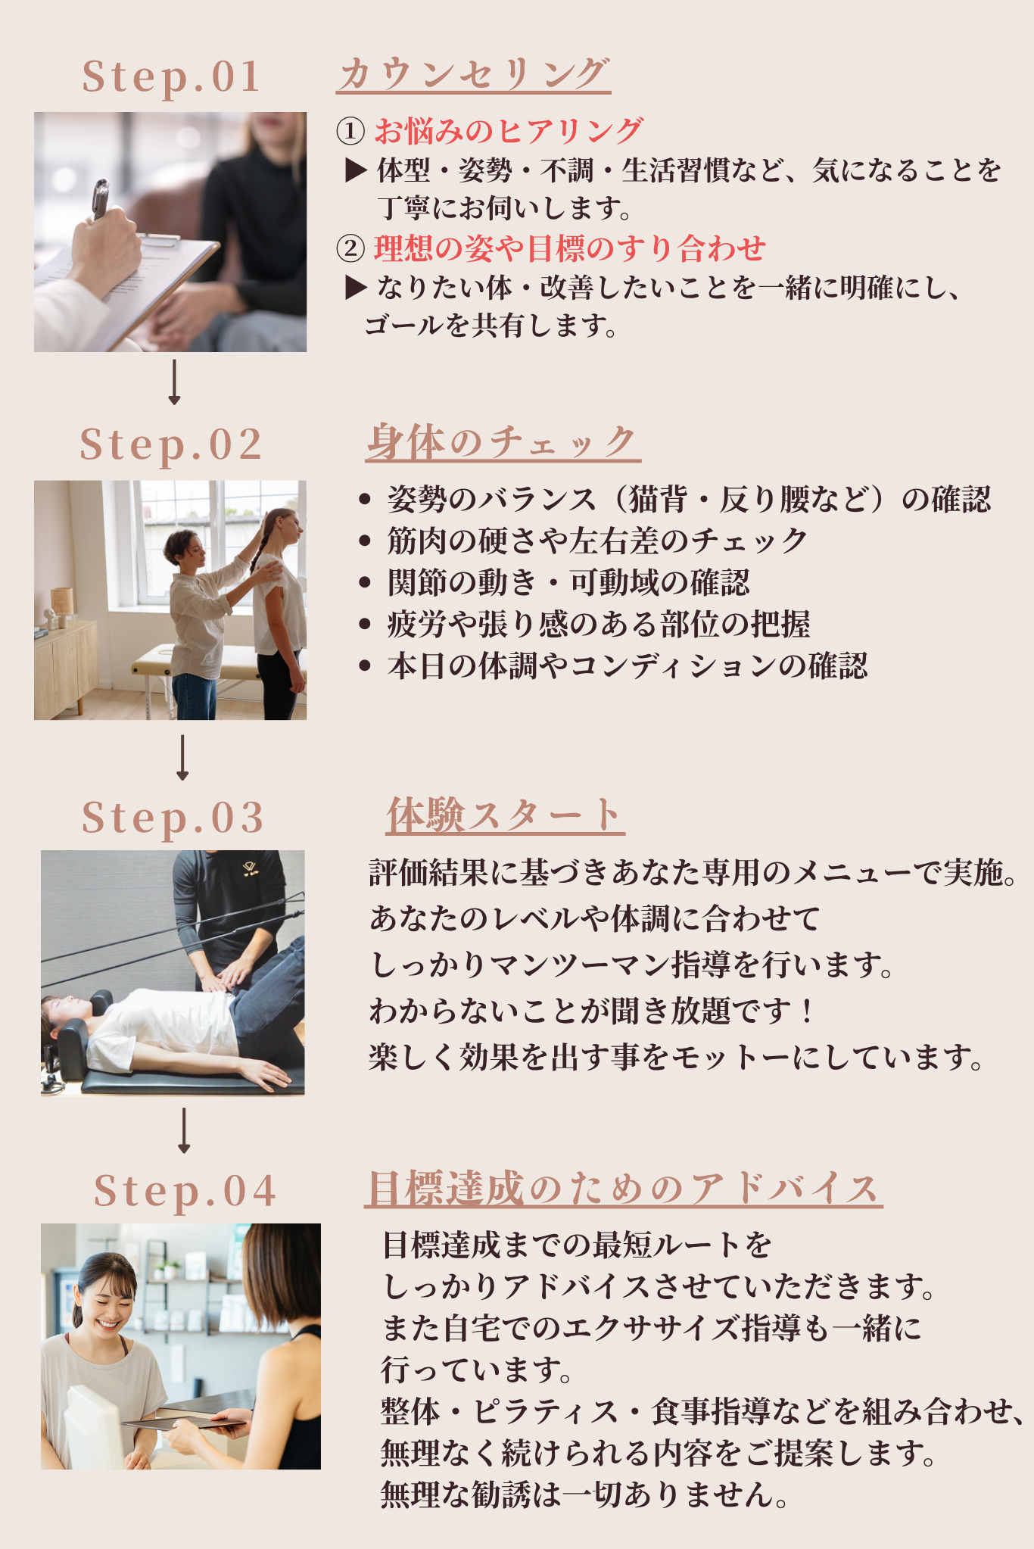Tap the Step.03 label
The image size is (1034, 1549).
(173, 819)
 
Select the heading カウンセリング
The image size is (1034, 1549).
(473, 74)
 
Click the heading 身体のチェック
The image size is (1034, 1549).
(503, 441)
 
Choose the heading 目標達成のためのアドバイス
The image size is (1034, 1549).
(623, 1188)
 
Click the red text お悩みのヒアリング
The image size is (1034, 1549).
(508, 131)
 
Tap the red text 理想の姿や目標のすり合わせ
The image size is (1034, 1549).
(570, 248)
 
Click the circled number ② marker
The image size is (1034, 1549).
(350, 249)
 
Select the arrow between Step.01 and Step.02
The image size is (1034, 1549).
(174, 382)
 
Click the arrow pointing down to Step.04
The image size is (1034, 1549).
(183, 1131)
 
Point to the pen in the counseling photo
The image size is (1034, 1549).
(100, 198)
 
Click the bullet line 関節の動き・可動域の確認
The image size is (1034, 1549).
(568, 582)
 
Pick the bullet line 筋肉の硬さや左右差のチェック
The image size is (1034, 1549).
(597, 541)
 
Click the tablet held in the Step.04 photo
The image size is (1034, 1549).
(185, 1422)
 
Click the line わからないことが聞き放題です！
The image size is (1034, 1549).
(591, 1010)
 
